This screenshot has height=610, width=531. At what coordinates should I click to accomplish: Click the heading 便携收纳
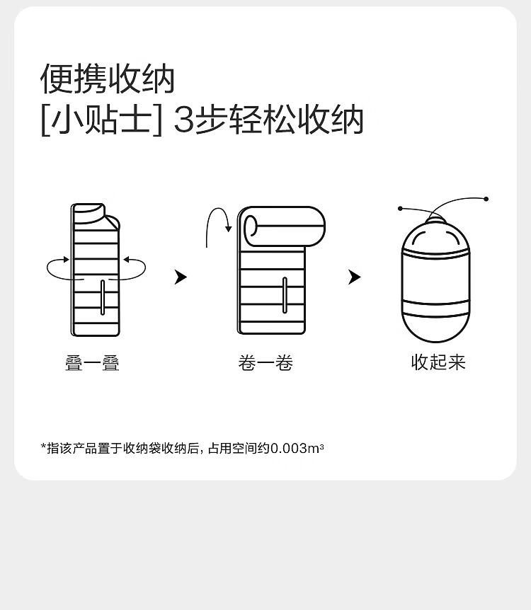[x=107, y=79]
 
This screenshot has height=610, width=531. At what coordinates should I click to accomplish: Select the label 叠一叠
[x=92, y=363]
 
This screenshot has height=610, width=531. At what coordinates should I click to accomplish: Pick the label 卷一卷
[x=265, y=363]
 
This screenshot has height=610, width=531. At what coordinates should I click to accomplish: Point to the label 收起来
[x=438, y=362]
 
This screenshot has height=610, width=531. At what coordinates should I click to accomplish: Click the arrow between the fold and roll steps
[x=181, y=277]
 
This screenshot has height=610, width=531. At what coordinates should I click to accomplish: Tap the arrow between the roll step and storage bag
[x=354, y=277]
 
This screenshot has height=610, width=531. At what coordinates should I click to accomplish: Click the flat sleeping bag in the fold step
[x=96, y=270]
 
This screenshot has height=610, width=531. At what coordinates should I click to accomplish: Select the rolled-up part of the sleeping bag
[x=285, y=227]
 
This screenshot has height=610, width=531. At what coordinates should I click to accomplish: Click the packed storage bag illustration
[x=436, y=280]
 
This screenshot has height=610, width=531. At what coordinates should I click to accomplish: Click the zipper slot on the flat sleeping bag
[x=103, y=297]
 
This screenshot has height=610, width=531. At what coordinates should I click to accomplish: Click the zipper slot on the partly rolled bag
[x=285, y=295]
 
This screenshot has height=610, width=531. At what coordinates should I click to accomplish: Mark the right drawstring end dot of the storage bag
[x=486, y=199]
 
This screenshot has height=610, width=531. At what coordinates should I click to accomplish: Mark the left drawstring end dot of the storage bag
[x=400, y=209]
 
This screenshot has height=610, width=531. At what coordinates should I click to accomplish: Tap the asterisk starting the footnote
[x=43, y=446]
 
